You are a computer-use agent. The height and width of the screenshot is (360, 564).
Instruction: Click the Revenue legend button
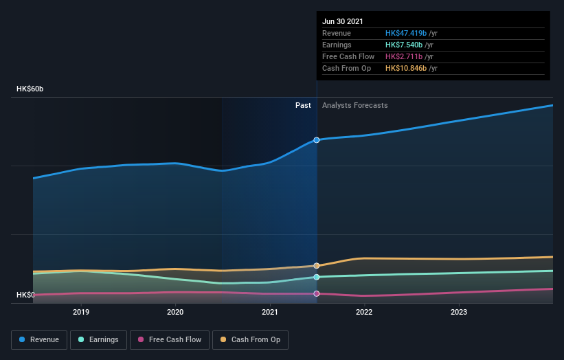tap(39, 339)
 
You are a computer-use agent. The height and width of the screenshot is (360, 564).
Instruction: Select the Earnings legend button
tap(98, 339)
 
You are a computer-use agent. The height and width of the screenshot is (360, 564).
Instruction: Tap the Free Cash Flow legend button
tap(170, 339)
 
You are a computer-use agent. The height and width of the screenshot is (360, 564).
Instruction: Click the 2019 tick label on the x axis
tap(81, 312)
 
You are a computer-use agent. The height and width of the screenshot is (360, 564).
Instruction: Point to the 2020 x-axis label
tap(175, 312)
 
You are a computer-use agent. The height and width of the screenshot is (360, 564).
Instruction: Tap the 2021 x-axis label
tap(270, 312)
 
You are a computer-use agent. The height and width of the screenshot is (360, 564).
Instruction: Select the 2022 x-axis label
tap(364, 312)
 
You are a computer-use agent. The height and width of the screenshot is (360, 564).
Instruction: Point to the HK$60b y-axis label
tap(30, 89)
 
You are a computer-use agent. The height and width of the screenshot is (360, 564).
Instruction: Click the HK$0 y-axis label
tap(25, 295)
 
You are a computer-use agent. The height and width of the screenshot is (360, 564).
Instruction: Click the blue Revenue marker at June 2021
tap(317, 140)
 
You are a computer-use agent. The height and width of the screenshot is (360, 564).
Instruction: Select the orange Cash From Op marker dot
tap(317, 265)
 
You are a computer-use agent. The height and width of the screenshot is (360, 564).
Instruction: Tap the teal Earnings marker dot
tap(317, 277)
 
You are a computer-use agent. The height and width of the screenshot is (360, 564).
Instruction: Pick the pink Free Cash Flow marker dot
tap(317, 293)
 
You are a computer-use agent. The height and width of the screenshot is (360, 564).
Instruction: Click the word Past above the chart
tap(303, 106)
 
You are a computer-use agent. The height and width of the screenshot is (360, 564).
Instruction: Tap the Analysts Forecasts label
tap(354, 106)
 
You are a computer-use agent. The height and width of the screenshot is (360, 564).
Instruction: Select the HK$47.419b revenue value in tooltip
tap(406, 33)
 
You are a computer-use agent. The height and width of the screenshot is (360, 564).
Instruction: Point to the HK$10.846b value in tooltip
tap(406, 68)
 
